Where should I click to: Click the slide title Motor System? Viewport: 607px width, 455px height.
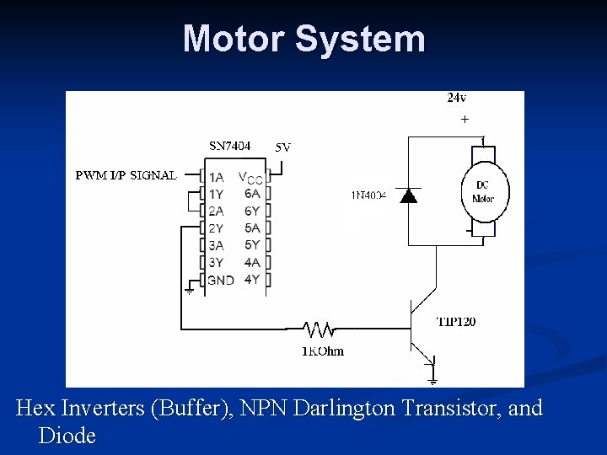[x=303, y=39]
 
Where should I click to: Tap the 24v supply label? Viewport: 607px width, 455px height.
[x=456, y=98]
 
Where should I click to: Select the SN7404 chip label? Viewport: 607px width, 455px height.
[x=229, y=145]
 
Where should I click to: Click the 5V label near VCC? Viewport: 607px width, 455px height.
[x=283, y=147]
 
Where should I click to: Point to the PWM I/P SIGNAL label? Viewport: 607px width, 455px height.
[x=126, y=176]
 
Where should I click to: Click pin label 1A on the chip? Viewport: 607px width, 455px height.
[x=217, y=177]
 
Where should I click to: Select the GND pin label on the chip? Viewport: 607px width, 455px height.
[x=221, y=280]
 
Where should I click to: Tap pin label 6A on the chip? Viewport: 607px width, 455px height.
[x=251, y=193]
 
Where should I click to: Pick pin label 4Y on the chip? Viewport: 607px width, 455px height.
[x=251, y=279]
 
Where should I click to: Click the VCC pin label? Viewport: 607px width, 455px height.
[x=251, y=178]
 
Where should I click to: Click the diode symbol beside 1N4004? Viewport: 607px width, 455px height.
[x=409, y=195]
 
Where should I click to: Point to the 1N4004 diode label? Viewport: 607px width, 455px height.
[x=368, y=195]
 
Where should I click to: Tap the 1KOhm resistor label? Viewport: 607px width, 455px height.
[x=323, y=351]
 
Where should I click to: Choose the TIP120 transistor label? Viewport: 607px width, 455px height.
[x=456, y=321]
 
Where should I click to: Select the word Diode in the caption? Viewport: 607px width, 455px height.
[x=67, y=436]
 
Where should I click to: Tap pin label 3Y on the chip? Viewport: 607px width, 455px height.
[x=217, y=262]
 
